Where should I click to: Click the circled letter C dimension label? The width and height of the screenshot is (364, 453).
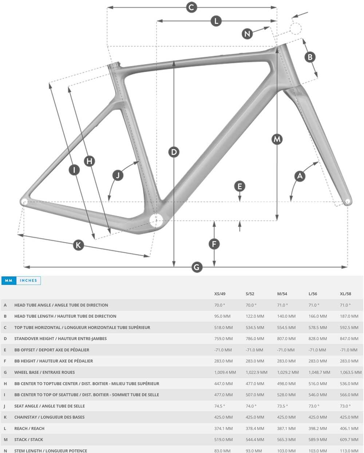[x=191, y=7]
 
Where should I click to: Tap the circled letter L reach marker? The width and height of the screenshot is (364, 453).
[x=216, y=21]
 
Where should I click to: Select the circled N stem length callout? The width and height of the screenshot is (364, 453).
[x=247, y=34]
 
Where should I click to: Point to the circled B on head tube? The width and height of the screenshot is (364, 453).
[x=310, y=57]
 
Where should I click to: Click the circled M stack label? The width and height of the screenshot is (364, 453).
[x=277, y=139]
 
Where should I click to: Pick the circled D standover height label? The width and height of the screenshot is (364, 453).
[x=174, y=152]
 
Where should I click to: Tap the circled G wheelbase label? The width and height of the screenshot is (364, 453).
[x=197, y=267]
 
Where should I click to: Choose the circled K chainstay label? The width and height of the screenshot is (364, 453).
[x=78, y=245]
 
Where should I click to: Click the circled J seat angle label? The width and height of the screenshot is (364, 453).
[x=118, y=175]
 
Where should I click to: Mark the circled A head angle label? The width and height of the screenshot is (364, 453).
[x=300, y=176]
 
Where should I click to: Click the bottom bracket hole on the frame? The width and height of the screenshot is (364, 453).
[x=157, y=220]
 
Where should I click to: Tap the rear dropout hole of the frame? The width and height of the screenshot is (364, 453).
[x=24, y=201]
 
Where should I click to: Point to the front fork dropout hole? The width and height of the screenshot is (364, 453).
[x=347, y=201]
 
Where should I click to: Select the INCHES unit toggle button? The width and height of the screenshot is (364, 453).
[x=28, y=280]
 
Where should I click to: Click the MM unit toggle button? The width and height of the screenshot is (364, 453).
[x=9, y=280]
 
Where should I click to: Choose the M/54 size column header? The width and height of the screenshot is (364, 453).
[x=282, y=294]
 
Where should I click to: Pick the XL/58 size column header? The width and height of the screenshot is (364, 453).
[x=345, y=294]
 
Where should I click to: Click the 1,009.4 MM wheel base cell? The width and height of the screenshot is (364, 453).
[x=225, y=372]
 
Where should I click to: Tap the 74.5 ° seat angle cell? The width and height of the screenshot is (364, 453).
[x=219, y=406]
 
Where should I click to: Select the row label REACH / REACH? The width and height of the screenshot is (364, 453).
[x=29, y=428]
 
